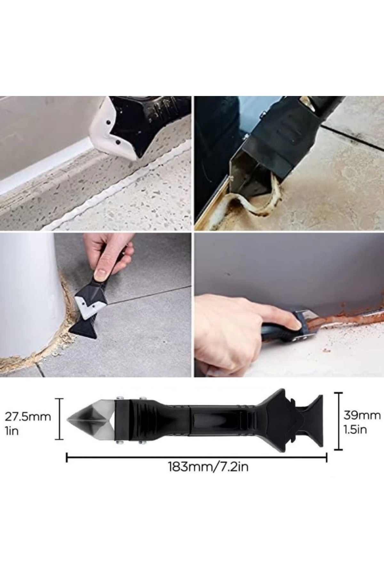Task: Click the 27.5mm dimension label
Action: coord(28,417)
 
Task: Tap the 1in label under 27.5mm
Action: coord(12,431)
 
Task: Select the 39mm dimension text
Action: coord(362,415)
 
